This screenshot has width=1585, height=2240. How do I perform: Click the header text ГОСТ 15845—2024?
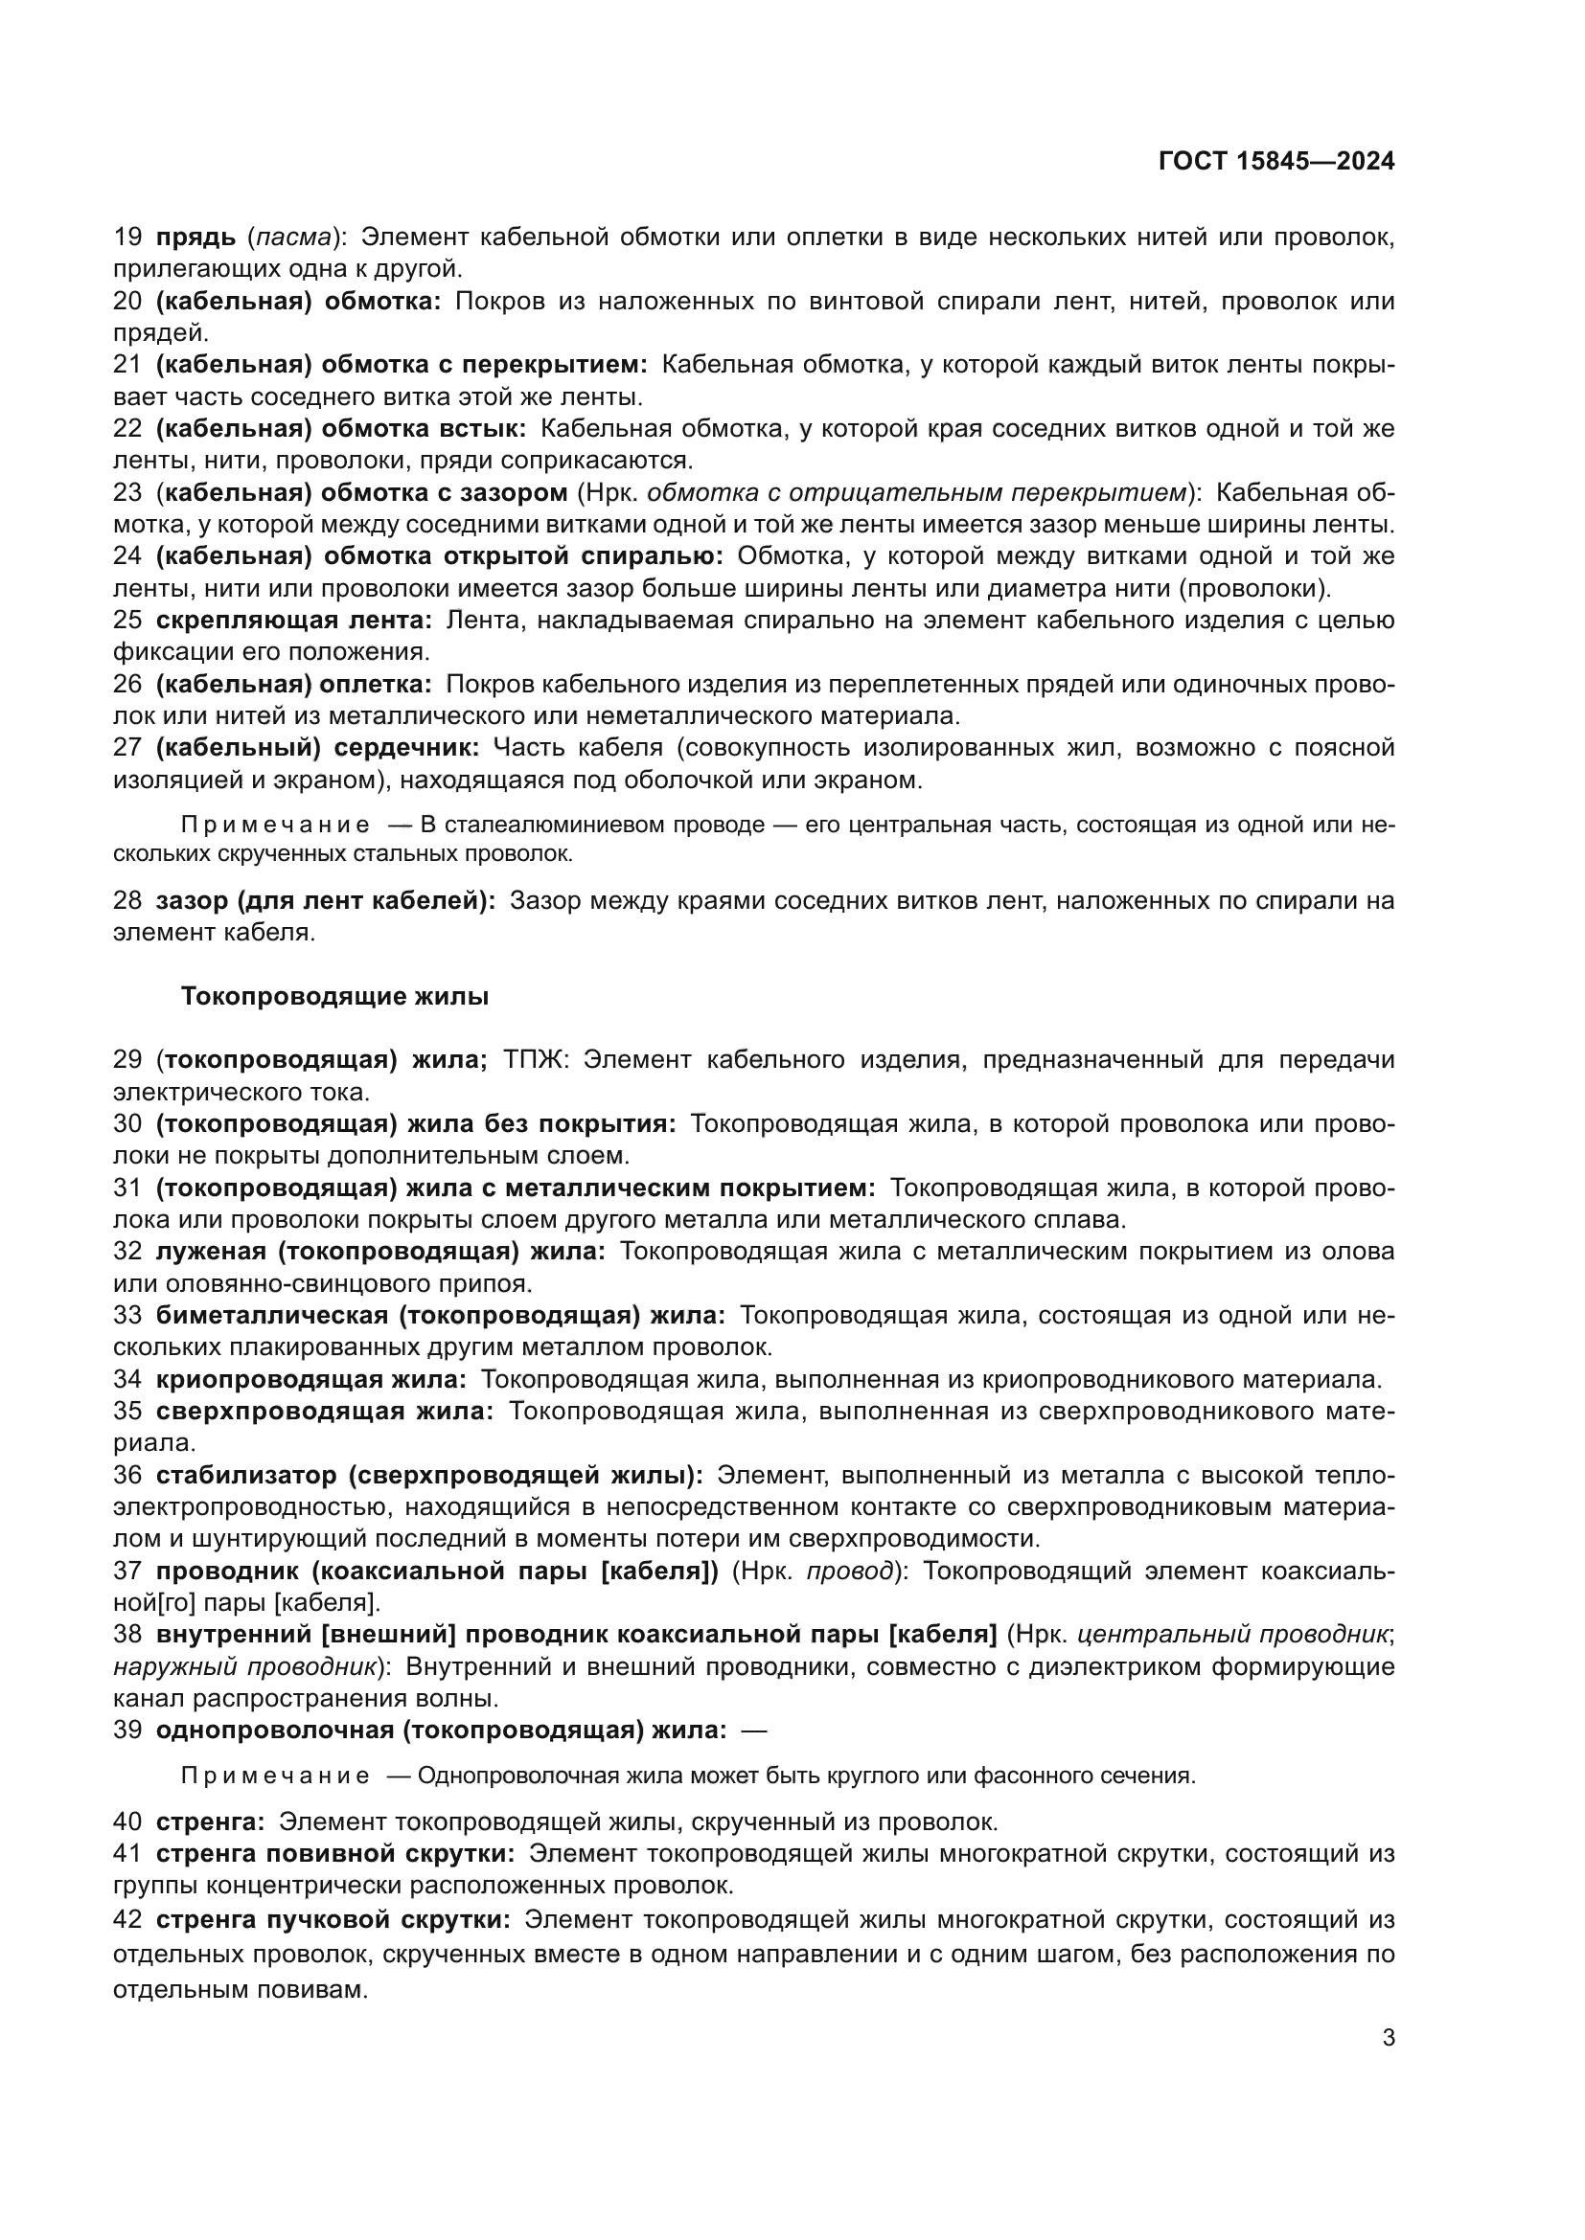click(1275, 162)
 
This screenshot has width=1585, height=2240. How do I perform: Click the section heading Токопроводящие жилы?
click(334, 996)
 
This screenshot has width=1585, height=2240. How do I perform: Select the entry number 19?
click(127, 237)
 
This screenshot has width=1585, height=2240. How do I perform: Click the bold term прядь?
click(196, 237)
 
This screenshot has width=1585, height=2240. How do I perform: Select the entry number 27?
click(127, 748)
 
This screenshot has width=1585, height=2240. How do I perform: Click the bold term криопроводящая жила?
click(311, 1379)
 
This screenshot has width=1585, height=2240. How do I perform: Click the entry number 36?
click(127, 1475)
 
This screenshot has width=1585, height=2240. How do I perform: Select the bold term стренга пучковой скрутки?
click(333, 1920)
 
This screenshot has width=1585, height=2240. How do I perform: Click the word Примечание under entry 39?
click(275, 1776)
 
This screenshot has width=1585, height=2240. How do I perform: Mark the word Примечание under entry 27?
click(275, 825)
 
